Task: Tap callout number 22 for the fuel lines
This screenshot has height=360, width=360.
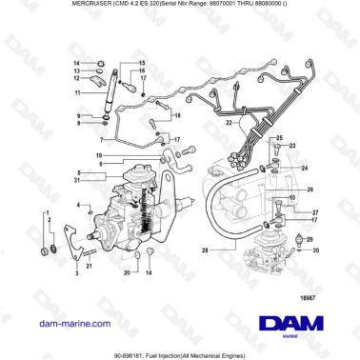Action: [228, 123]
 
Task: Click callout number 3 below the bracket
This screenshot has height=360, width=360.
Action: [77, 273]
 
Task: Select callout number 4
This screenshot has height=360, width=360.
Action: [78, 205]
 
